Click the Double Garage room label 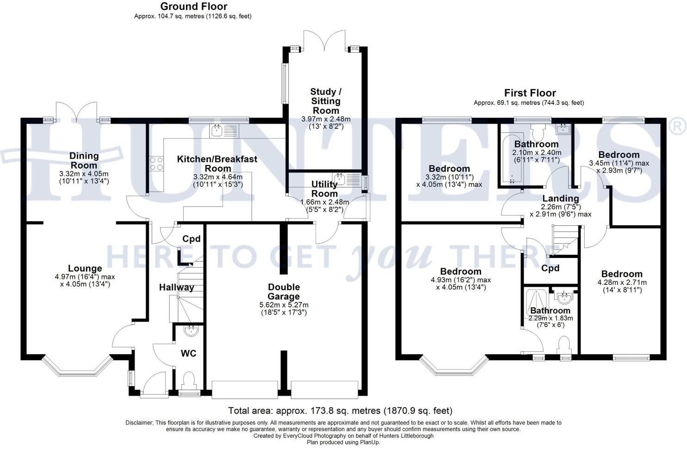(284, 292)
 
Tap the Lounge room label (85, 268)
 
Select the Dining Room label (84, 160)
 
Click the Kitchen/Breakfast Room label (217, 164)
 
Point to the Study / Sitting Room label (326, 101)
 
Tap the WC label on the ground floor (188, 353)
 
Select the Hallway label (176, 287)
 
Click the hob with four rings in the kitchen (156, 164)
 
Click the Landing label (560, 198)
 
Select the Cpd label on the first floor (550, 268)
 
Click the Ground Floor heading (193, 6)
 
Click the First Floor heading (530, 93)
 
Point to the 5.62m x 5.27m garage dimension (284, 305)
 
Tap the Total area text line (340, 411)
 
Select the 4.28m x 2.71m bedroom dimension (622, 283)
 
